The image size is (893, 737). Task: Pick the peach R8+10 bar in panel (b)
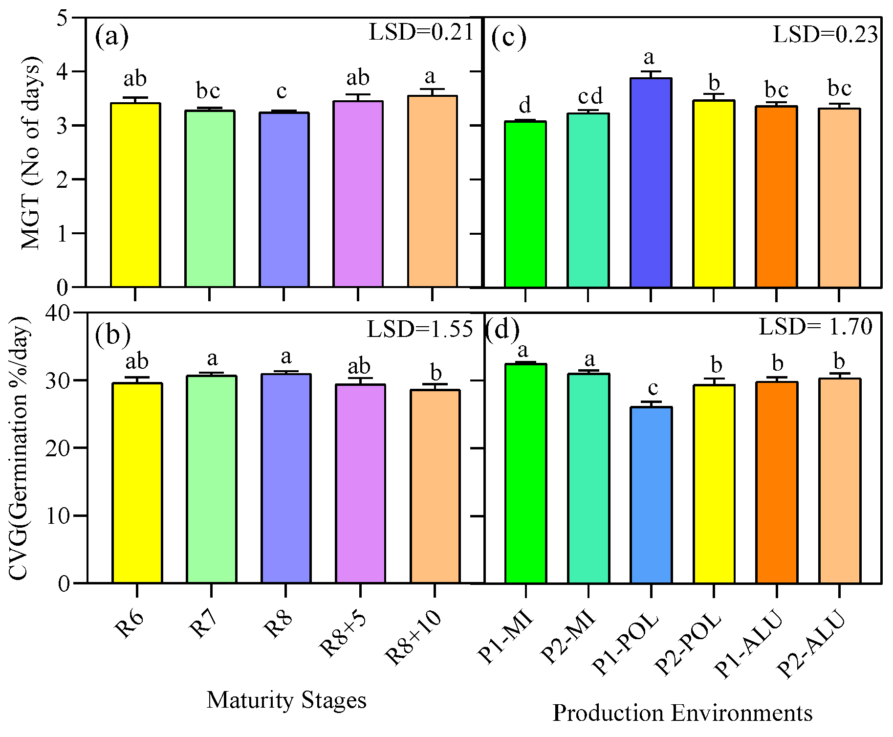coord(435,486)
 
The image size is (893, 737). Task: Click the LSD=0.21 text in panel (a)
coord(421,33)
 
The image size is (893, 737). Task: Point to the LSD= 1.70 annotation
coord(815,327)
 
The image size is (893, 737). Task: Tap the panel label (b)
coord(113,334)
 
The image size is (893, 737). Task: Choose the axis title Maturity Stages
coord(286,700)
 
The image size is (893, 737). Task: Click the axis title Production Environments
coord(682,713)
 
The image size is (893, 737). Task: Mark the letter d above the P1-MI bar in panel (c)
coord(525,105)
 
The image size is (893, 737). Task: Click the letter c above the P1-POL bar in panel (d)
coord(653,389)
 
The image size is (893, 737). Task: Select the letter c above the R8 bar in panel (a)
coord(282,91)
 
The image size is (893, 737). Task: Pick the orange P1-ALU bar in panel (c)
coord(776,196)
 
